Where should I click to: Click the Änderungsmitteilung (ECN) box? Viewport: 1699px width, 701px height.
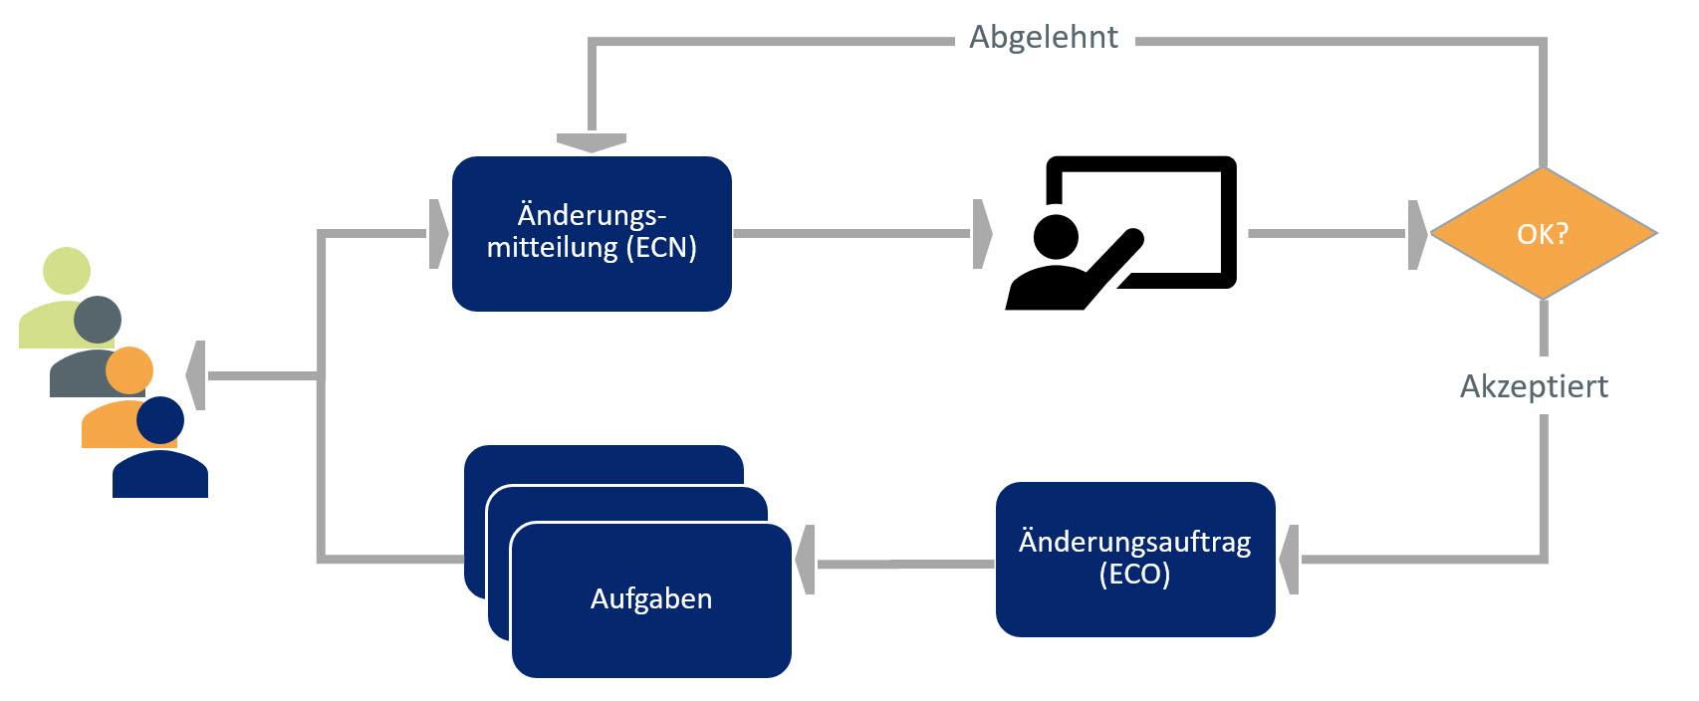click(592, 233)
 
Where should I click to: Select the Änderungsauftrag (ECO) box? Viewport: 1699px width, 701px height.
click(1135, 559)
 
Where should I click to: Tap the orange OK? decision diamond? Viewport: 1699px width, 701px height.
click(1543, 233)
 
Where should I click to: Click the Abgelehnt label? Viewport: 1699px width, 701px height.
click(1044, 38)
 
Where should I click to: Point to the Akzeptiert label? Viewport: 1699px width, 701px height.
click(1534, 386)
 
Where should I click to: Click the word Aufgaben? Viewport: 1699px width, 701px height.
click(651, 598)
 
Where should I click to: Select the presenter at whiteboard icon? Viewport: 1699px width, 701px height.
click(1121, 233)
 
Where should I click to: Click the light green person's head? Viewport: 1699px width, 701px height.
click(67, 271)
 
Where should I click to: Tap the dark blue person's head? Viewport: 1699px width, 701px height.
click(160, 420)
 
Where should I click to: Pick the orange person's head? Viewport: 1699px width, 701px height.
click(129, 370)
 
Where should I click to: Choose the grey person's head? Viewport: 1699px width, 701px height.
click(98, 320)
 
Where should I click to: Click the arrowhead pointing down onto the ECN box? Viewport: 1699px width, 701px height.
click(592, 143)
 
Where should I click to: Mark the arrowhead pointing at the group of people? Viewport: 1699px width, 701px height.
click(196, 375)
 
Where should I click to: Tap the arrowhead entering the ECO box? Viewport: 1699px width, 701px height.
click(1289, 560)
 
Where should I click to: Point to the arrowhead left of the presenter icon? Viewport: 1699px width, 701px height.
click(982, 234)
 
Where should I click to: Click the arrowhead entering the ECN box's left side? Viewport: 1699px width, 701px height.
click(438, 234)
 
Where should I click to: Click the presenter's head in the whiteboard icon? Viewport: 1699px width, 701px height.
click(1056, 236)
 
